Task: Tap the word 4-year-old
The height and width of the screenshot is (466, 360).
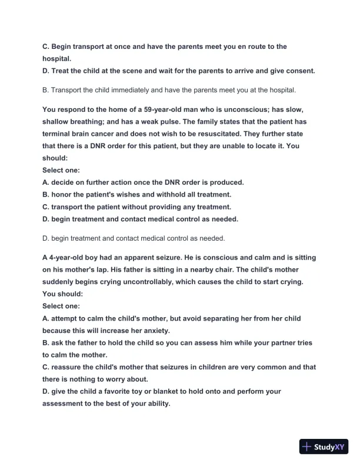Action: coord(69,257)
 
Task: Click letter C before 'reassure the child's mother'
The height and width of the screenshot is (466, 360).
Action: coord(46,367)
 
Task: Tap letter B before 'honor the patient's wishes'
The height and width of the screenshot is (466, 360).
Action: coord(46,194)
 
